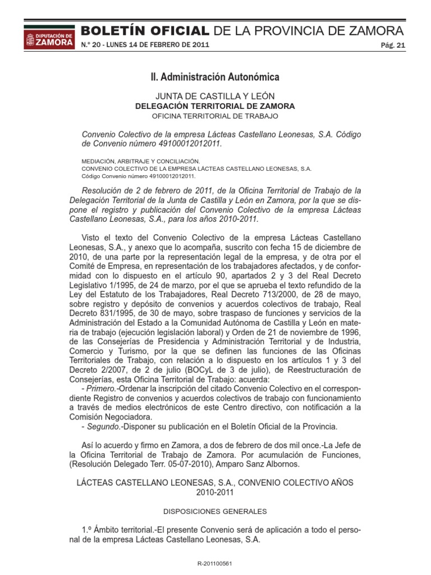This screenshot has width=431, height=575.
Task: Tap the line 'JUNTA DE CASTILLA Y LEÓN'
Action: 215,96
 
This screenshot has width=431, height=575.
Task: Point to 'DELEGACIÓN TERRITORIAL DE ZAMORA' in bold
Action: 215,106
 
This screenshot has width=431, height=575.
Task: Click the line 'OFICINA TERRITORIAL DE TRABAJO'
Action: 215,116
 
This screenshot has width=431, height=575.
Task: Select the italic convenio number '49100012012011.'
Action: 190,144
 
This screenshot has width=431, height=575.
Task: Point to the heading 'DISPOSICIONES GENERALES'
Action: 215,512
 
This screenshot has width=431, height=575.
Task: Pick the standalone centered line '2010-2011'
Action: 215,492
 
